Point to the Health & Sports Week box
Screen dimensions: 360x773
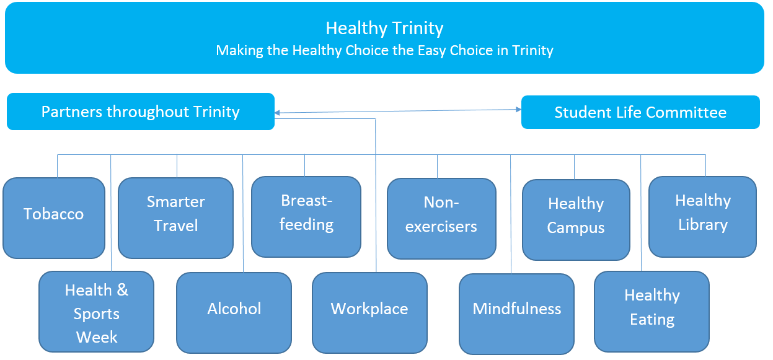(96, 312)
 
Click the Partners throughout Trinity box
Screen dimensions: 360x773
(140, 112)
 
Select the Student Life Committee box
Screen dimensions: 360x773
(640, 112)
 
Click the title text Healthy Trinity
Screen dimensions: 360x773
(384, 29)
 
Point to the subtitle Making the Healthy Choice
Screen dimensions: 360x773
(384, 50)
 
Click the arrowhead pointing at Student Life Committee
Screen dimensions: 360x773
(518, 110)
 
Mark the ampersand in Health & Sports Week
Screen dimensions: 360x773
(122, 290)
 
